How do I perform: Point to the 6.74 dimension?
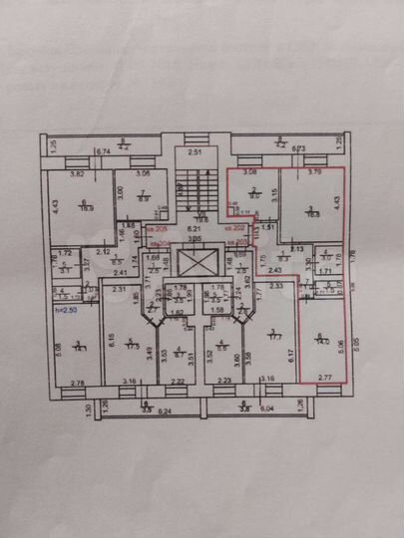pyautogui.click(x=102, y=150)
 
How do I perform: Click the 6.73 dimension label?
pyautogui.click(x=296, y=150)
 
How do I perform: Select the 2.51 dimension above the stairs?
pyautogui.click(x=197, y=152)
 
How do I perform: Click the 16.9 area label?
pyautogui.click(x=86, y=207)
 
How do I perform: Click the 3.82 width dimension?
pyautogui.click(x=76, y=173)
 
